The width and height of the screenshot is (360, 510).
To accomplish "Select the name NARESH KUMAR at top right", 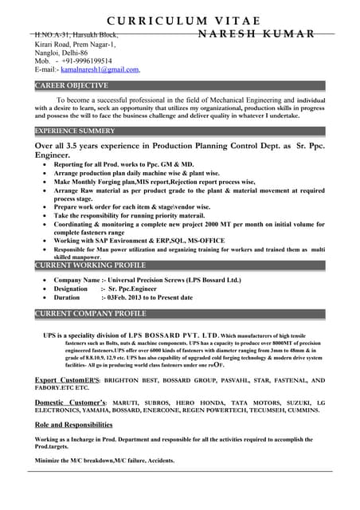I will click(x=256, y=34).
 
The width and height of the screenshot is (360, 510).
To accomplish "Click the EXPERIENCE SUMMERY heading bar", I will click(x=75, y=130).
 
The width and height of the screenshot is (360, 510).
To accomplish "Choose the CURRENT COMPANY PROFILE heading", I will click(x=90, y=313).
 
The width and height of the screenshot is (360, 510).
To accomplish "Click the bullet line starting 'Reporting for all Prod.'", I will click(x=123, y=164).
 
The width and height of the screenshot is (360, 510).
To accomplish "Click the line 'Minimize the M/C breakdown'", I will click(x=104, y=461).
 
